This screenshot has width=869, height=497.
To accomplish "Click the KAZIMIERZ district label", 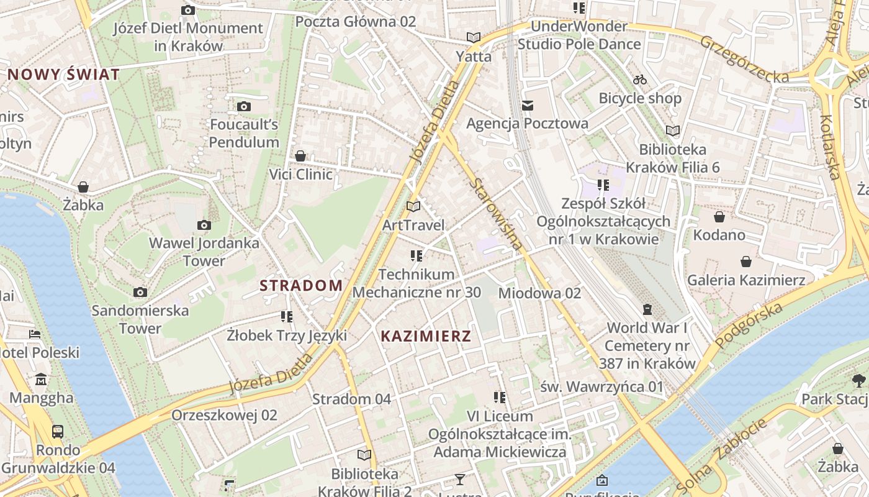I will coord(426,337).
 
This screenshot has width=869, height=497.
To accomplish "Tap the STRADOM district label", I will coord(301,286).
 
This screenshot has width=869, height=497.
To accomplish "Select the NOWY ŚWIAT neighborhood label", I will coord(64,75).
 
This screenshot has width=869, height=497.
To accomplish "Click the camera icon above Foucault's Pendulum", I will coord(244,106).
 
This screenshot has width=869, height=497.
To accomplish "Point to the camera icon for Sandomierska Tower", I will coord(140,292).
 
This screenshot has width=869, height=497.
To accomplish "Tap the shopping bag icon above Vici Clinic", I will coord(300,155).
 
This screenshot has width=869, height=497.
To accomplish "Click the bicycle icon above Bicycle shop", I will coord(640,80).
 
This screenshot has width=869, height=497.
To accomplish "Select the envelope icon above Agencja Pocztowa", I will coord(528,105).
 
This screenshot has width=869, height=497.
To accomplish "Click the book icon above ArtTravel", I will coord(413,206).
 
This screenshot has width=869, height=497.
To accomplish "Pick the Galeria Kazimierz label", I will coord(746,280).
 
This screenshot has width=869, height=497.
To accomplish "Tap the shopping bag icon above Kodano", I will coord(719,217).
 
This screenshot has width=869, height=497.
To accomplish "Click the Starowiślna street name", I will coord(496,214).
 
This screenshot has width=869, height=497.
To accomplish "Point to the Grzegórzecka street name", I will coord(744,59).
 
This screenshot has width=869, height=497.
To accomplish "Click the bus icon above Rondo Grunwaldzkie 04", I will coord(58,431).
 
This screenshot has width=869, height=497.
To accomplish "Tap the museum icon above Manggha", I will coord(41,379).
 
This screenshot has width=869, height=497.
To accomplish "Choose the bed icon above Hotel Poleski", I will coord(35,334).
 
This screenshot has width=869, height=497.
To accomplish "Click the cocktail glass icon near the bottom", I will coord(459,479).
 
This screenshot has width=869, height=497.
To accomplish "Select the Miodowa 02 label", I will coord(539,293).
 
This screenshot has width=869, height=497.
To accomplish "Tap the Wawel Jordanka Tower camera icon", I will coord(204,225).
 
